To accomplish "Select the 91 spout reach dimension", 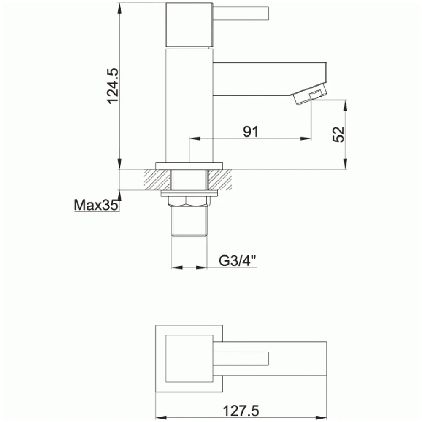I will point(250,132).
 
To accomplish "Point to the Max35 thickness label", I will point(96,206).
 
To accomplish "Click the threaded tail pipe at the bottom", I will point(189,222).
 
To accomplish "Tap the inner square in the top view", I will point(189,358).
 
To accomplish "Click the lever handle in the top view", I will point(241,358).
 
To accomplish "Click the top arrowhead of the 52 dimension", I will point(346,104).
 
